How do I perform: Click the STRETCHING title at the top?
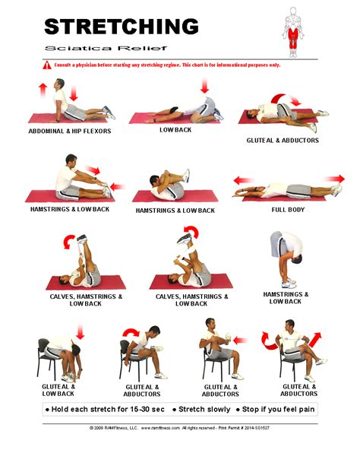[x=121, y=26]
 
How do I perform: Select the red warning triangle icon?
[x=47, y=65]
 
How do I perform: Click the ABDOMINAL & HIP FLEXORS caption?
[x=69, y=131]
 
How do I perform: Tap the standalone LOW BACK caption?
[x=174, y=131]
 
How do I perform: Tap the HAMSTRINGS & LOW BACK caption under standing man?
[x=286, y=297]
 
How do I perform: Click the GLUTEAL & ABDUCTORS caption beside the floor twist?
[x=282, y=141]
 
